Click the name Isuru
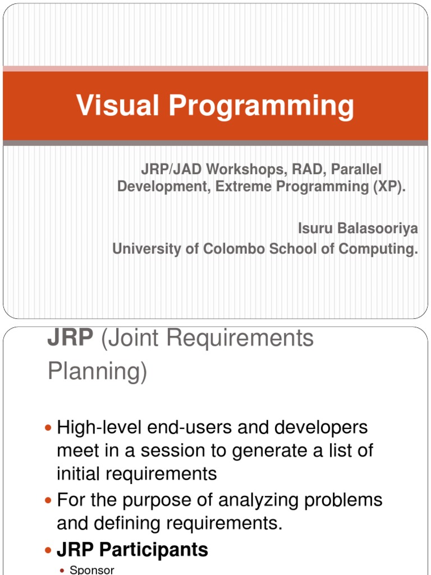(315, 229)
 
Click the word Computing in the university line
(381, 249)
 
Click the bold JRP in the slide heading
(64, 339)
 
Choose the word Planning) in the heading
(97, 372)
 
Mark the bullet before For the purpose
(48, 500)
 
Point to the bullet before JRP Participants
(48, 550)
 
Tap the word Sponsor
(92, 570)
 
